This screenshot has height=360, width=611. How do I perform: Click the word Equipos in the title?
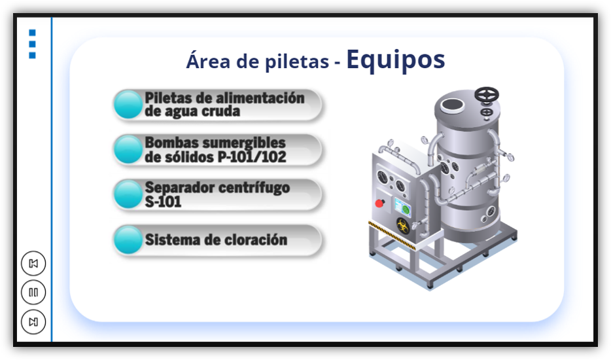(x=396, y=60)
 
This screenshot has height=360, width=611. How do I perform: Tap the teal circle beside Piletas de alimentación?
(x=128, y=105)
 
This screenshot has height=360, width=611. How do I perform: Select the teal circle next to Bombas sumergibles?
(x=128, y=149)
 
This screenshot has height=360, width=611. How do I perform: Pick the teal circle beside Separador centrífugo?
(x=128, y=194)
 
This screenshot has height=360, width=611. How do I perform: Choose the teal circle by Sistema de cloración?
(x=128, y=240)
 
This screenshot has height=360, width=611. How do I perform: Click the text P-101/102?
(x=252, y=157)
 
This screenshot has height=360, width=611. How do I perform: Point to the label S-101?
(x=163, y=202)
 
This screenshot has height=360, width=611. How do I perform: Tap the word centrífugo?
(x=254, y=188)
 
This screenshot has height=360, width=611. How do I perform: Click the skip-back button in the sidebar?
(x=33, y=263)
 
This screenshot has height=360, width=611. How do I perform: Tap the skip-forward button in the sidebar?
(x=33, y=322)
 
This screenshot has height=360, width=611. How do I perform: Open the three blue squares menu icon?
(x=32, y=44)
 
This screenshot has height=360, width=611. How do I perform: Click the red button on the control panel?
(x=379, y=203)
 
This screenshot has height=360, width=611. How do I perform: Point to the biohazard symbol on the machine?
(x=403, y=226)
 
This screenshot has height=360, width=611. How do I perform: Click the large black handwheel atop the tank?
(x=486, y=95)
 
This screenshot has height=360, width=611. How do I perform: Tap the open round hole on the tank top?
(x=453, y=105)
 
